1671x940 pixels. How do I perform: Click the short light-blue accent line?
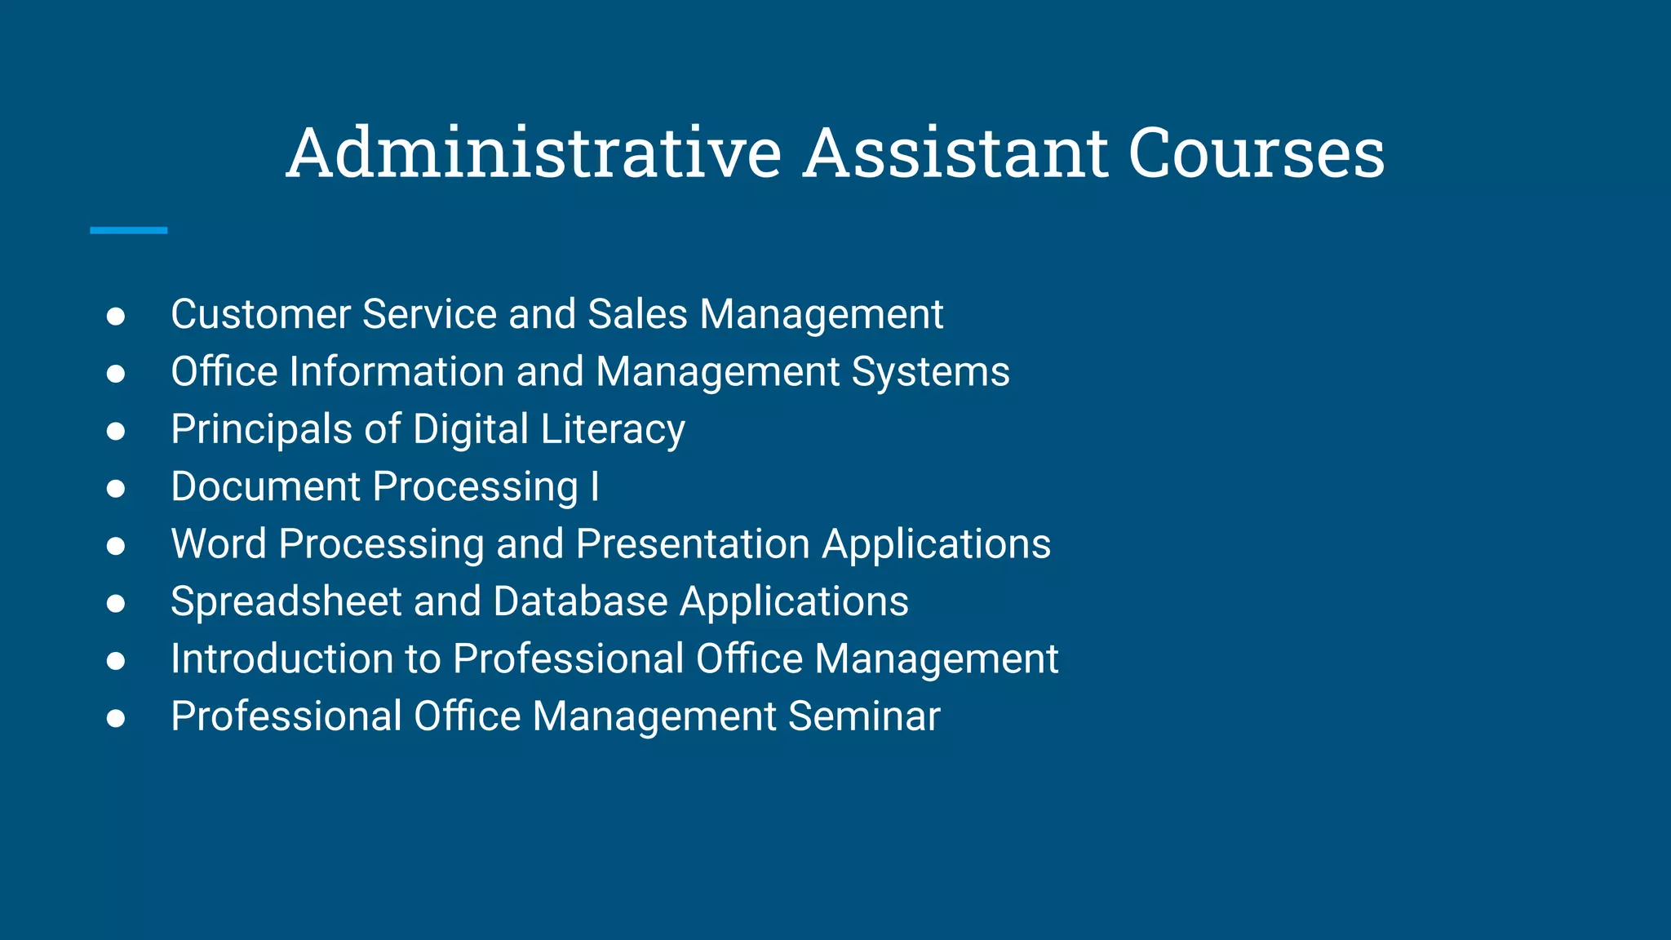[128, 231]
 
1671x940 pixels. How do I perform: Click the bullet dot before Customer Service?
[116, 317]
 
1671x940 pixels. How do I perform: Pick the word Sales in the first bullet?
[637, 315]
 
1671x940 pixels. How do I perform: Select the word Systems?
[930, 373]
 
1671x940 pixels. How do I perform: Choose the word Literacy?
[612, 430]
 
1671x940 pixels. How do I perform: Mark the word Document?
[265, 487]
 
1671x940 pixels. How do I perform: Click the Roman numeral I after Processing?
[595, 487]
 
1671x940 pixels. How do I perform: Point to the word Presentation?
[693, 544]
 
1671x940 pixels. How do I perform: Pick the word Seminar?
[864, 716]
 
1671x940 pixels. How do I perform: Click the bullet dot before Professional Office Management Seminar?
[116, 718]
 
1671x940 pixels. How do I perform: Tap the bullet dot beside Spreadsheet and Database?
[116, 604]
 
